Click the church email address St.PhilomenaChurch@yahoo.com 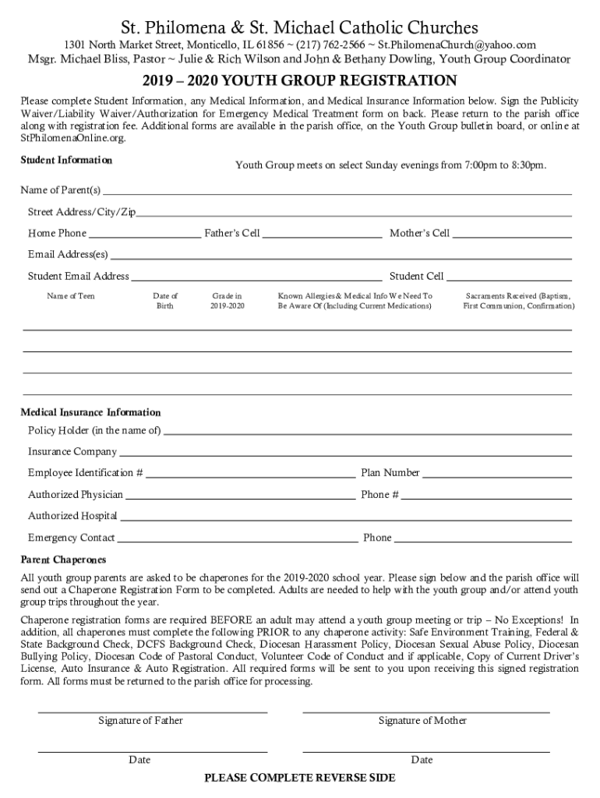point(457,45)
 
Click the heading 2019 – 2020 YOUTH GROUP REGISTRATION point(299,81)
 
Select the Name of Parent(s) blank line point(337,192)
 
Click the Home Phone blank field point(144,234)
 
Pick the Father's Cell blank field point(322,234)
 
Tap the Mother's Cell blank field point(512,234)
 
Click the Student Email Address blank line point(256,277)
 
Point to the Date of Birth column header point(165,301)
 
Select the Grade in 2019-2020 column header point(228,301)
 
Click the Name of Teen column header point(71,296)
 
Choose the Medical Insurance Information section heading point(90,412)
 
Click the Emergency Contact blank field point(237,538)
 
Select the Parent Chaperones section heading point(63,560)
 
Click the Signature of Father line point(153,711)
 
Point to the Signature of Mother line point(425,711)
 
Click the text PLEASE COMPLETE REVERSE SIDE point(299,778)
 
